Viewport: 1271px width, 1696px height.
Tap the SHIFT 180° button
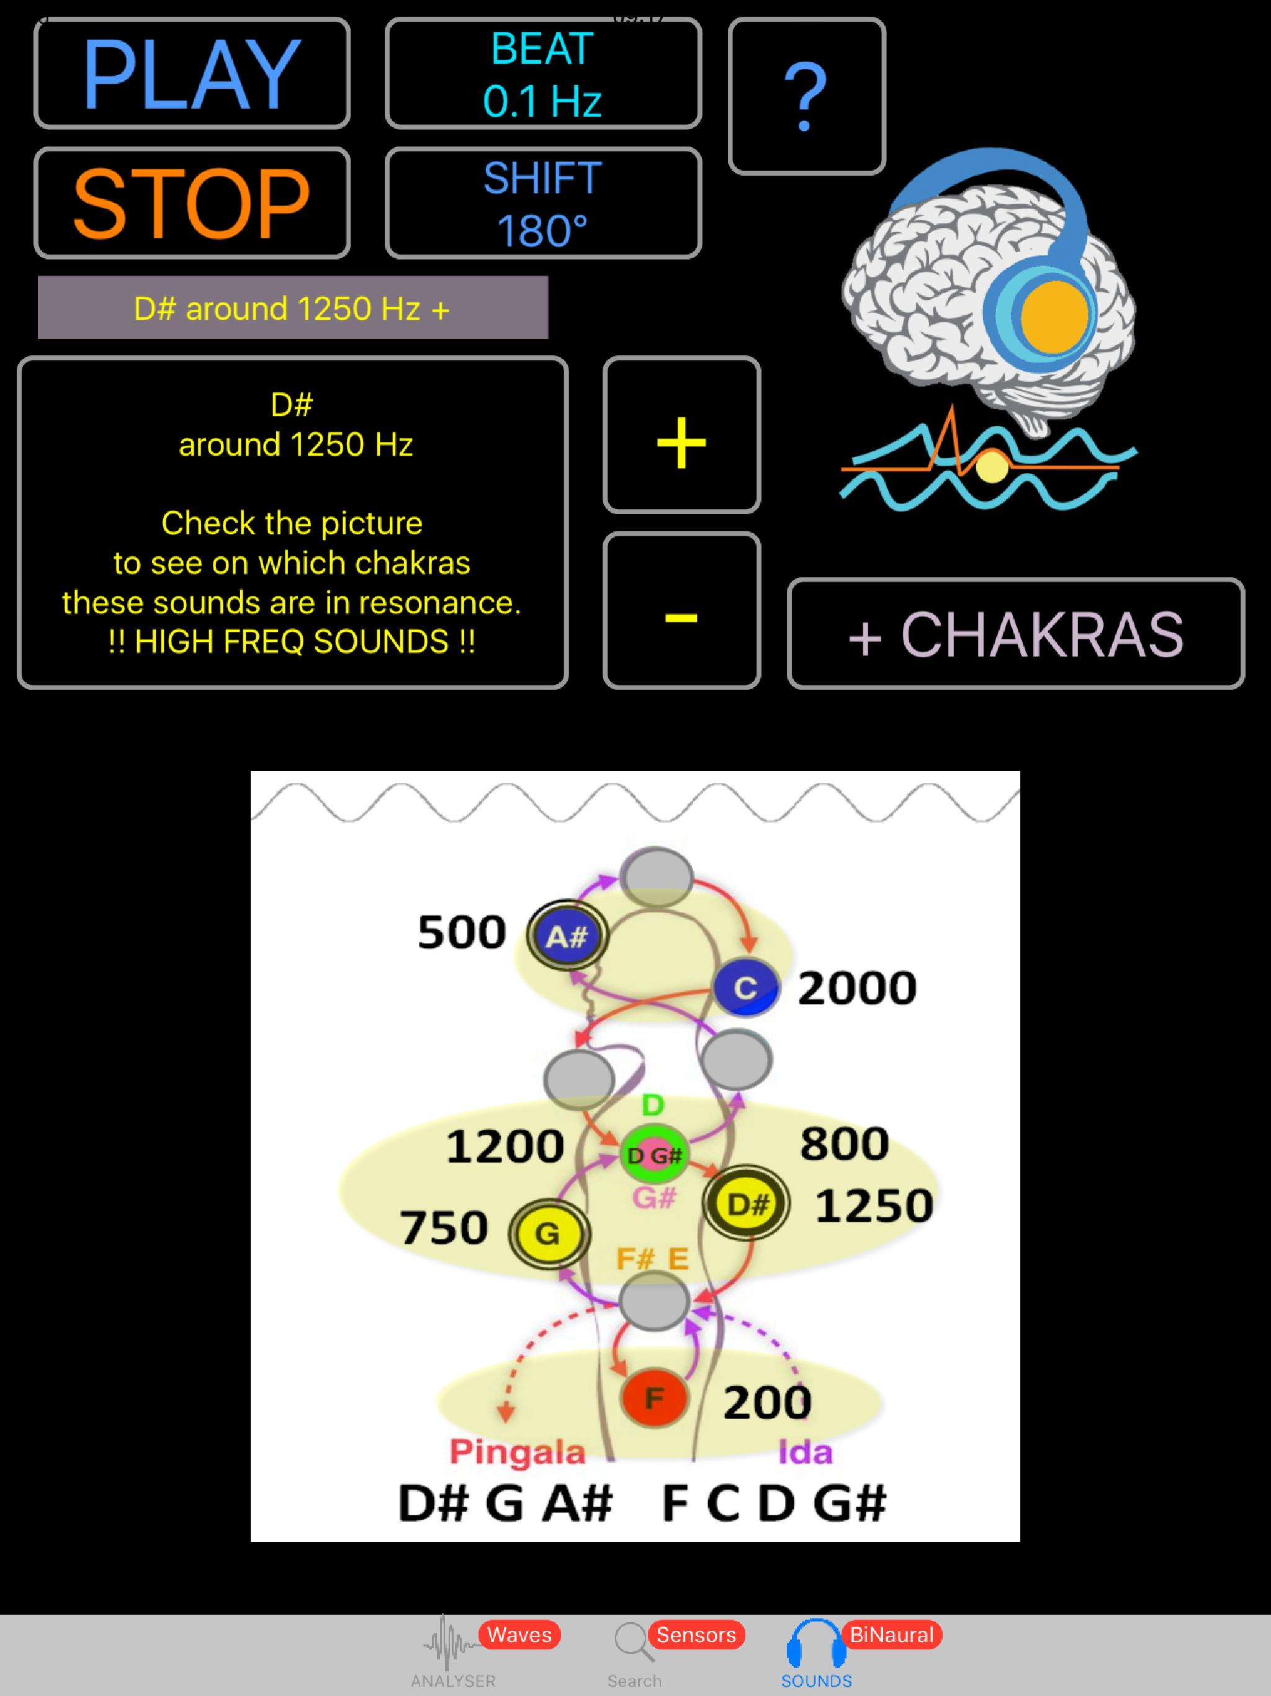[x=543, y=203]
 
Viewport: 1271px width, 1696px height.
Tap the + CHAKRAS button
[x=1016, y=634]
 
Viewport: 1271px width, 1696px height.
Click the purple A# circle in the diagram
[x=567, y=936]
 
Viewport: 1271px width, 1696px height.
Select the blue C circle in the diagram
[x=746, y=987]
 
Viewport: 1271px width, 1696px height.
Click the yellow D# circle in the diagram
[x=747, y=1204]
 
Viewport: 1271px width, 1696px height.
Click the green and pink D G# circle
[x=654, y=1155]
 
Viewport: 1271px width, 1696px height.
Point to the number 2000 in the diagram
[x=857, y=988]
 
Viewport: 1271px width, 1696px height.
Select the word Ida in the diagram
[x=806, y=1452]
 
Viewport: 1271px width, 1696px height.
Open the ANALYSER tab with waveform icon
[x=452, y=1654]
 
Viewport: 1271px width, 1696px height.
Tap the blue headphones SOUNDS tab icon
[x=817, y=1644]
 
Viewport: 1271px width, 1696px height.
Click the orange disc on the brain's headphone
[x=1054, y=316]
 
